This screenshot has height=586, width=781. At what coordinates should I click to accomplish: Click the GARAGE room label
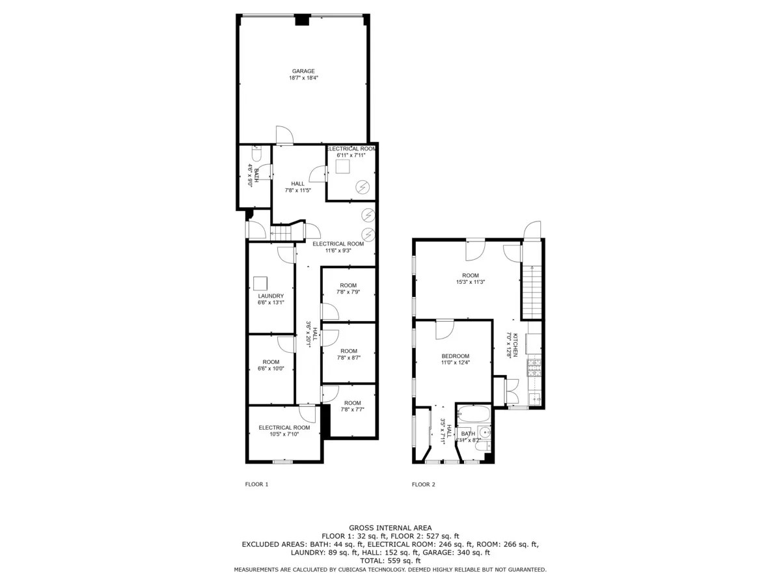303,71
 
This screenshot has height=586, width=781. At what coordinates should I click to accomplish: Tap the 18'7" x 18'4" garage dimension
303,78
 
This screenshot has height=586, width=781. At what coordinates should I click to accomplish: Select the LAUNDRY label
271,296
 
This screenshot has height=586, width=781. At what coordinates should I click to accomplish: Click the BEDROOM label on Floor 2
455,356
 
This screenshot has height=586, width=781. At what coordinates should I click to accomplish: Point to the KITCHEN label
515,345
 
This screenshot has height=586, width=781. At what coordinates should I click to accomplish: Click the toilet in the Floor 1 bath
256,156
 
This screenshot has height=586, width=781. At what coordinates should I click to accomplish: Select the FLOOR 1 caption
256,484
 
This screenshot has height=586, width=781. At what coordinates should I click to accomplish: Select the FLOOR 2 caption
424,484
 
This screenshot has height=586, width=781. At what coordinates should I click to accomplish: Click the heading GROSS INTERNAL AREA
390,528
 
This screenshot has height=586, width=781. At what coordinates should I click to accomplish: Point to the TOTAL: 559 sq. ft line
390,561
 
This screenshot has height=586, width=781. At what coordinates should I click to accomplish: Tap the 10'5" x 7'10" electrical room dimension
284,435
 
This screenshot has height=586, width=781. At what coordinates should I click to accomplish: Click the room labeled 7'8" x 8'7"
348,354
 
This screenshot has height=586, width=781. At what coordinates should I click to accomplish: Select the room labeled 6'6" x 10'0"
271,365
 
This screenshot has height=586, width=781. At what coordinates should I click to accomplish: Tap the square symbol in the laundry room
260,283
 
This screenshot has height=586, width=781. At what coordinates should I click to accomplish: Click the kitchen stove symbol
534,369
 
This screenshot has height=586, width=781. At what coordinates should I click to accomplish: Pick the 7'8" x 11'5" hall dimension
298,191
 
